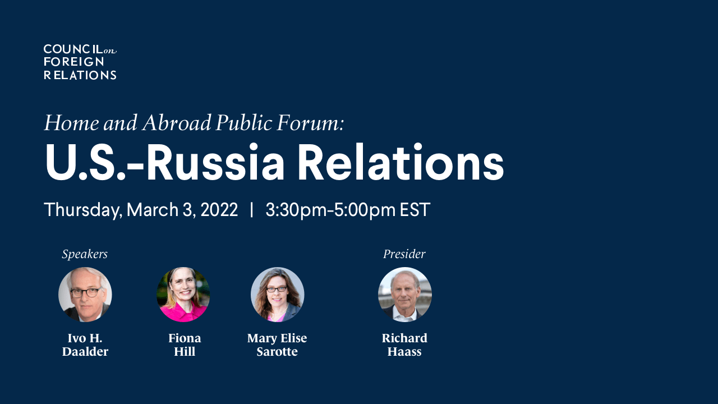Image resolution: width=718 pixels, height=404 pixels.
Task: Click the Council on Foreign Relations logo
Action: (x=80, y=62)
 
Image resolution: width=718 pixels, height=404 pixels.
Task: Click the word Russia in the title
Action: (x=215, y=162)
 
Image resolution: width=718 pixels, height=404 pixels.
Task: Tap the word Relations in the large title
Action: (x=401, y=162)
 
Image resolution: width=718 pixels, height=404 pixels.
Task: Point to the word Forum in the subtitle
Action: (x=310, y=123)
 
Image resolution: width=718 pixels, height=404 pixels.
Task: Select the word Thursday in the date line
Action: (x=83, y=210)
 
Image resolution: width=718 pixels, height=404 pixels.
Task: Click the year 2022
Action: (x=219, y=210)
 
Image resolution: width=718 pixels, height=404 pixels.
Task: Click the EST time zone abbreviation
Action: (x=415, y=210)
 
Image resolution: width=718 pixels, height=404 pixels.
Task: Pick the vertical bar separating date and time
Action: (x=252, y=210)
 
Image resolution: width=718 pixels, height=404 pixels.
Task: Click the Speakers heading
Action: (x=85, y=254)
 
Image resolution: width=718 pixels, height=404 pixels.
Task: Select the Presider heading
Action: (x=404, y=254)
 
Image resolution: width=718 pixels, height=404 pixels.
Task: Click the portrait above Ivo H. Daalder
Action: (x=85, y=295)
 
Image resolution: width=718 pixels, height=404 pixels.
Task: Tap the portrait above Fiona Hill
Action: (x=183, y=295)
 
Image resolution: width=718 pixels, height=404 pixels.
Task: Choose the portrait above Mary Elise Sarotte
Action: (x=277, y=295)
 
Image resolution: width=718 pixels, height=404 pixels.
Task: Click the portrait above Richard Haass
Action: (x=405, y=295)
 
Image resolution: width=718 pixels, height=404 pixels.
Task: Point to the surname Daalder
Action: (x=85, y=351)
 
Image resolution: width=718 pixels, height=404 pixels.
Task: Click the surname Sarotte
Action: (x=277, y=351)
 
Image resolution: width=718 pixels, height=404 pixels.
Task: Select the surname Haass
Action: (x=404, y=351)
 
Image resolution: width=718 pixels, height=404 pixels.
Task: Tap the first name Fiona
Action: (x=185, y=338)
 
